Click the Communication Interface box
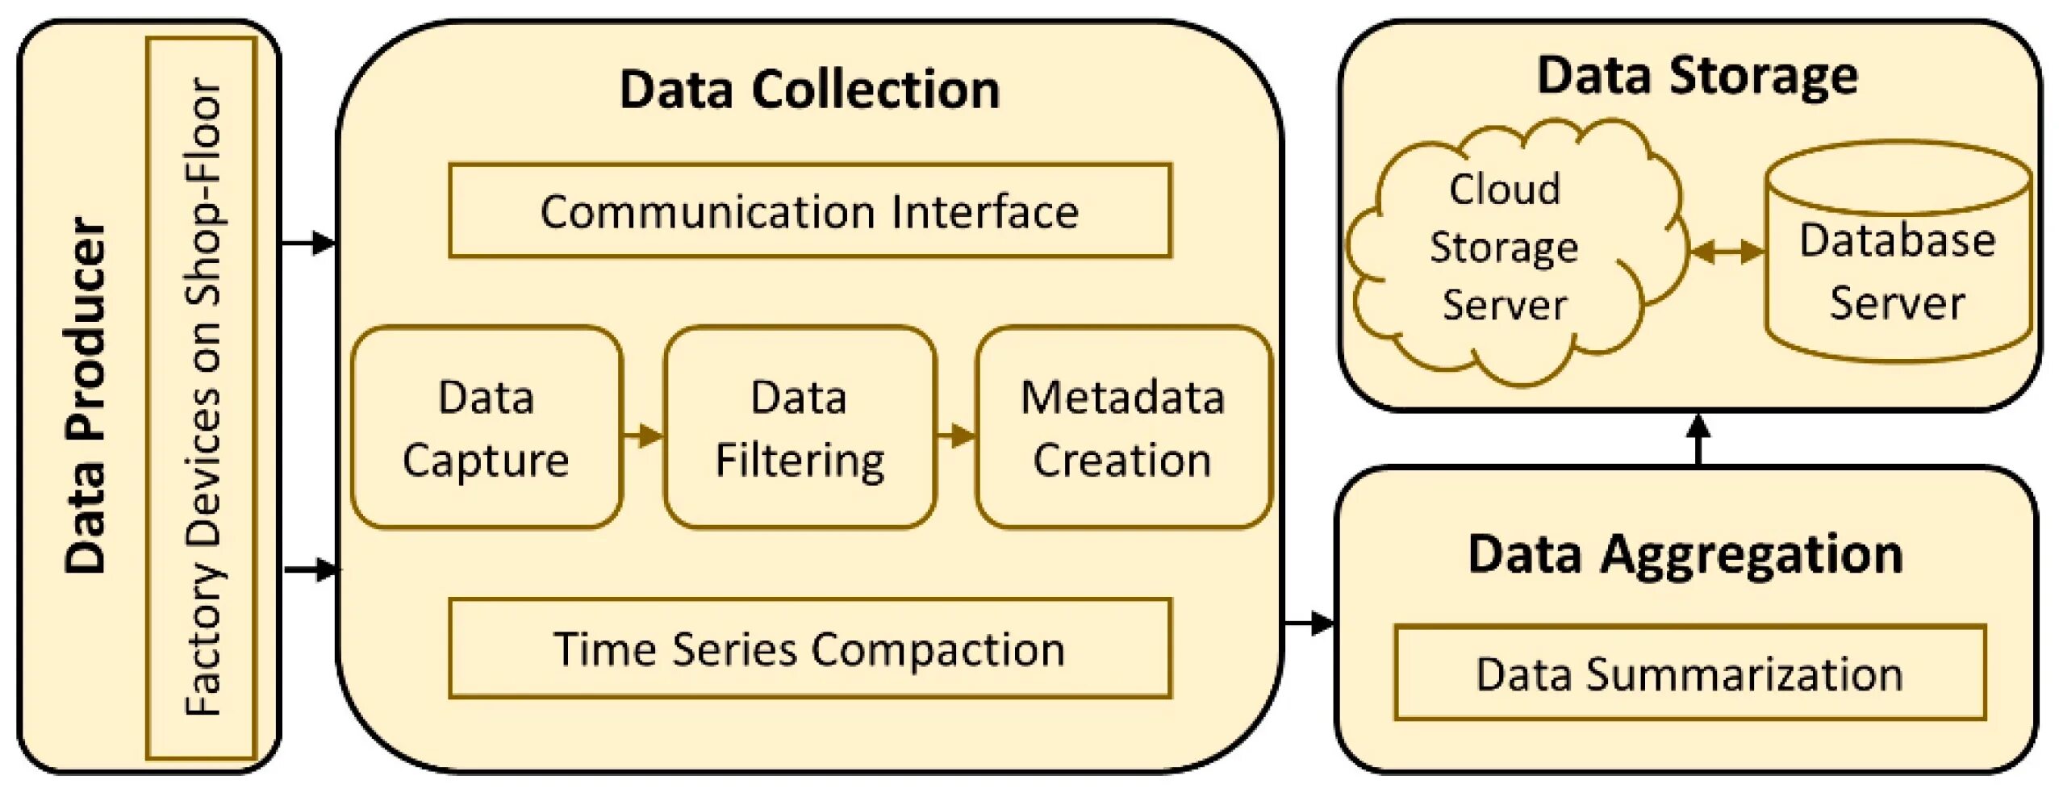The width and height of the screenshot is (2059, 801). [x=810, y=211]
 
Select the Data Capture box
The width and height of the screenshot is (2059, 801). [x=487, y=428]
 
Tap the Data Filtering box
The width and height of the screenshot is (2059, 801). [x=800, y=428]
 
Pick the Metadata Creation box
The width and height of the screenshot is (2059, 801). [x=1123, y=428]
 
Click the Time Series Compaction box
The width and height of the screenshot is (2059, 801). [x=810, y=648]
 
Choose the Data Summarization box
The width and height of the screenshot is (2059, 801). [x=1689, y=673]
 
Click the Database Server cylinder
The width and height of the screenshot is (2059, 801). [x=1898, y=252]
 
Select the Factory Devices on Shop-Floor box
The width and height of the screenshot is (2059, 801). [x=201, y=398]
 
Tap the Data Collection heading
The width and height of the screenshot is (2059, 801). [x=809, y=89]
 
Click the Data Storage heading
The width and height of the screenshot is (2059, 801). [x=1697, y=76]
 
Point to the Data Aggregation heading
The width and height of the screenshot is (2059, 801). [x=1685, y=555]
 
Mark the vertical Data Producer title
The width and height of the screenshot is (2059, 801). [x=86, y=395]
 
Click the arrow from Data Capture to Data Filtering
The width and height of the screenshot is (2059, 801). [x=643, y=436]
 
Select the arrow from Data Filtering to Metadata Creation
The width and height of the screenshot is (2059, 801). [x=956, y=436]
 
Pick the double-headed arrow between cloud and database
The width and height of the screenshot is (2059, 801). [x=1727, y=252]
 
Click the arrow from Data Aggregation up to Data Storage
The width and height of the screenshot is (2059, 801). [x=1698, y=440]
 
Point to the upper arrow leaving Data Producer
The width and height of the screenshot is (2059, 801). [x=309, y=242]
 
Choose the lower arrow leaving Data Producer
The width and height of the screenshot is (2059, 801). [x=311, y=569]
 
